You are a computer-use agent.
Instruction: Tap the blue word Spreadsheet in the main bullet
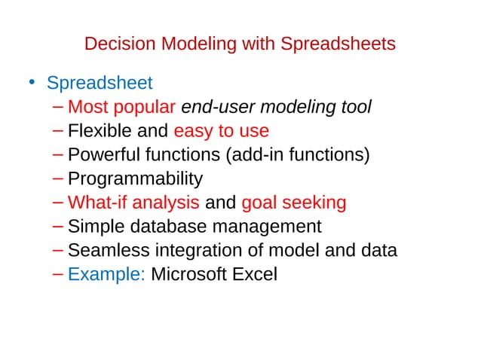(x=100, y=82)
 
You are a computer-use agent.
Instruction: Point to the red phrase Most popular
(x=122, y=107)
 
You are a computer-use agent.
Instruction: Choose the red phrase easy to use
(x=221, y=131)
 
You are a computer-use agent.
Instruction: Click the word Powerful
(x=103, y=155)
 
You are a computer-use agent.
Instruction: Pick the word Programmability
(x=135, y=179)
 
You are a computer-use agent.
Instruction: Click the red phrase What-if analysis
(x=133, y=203)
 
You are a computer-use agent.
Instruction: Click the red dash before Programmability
(x=60, y=179)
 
